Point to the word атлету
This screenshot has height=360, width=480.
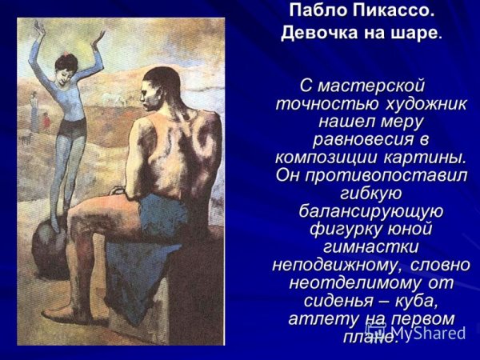(x=320, y=317)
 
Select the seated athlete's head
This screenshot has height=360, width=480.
(x=161, y=86)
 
